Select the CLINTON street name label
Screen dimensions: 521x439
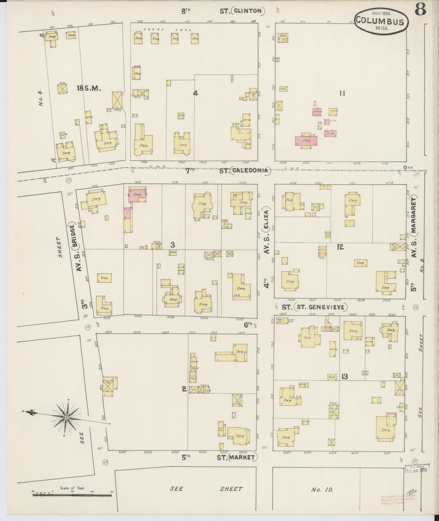click(x=248, y=11)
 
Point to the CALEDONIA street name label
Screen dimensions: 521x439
click(x=250, y=171)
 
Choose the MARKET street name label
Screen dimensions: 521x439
click(x=242, y=457)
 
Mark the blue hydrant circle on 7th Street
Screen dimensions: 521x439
click(x=405, y=167)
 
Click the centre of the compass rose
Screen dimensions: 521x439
click(x=66, y=418)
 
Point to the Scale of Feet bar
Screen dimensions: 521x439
click(x=72, y=495)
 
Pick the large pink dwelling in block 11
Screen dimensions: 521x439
click(x=306, y=141)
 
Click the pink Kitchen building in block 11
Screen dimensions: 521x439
click(x=317, y=112)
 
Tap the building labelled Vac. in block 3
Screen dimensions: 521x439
click(x=104, y=278)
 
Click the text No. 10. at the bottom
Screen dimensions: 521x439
click(x=322, y=490)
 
